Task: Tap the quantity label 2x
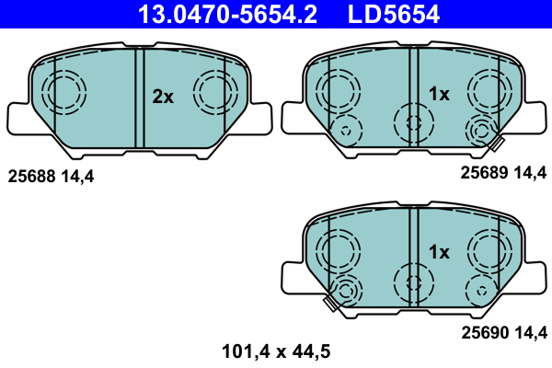coord(163,97)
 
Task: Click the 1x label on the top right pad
coord(439,94)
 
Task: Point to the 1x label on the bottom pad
coord(439,251)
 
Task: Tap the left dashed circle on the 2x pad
coord(64,92)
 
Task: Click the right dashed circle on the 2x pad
coord(214,92)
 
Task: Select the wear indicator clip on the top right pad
coord(498,143)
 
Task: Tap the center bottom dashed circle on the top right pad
coord(410,121)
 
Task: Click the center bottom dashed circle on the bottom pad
coord(410,280)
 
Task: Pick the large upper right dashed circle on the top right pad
coord(488,90)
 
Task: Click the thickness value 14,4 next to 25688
coord(78,174)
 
